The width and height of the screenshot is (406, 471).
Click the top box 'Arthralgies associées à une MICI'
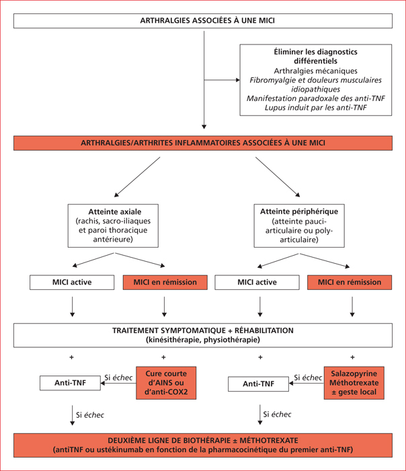(x=203, y=21)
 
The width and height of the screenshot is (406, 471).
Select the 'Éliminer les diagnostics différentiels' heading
(x=316, y=56)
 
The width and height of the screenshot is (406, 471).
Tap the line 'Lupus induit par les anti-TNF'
(x=316, y=108)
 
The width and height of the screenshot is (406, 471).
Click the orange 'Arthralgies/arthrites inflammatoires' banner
(x=203, y=143)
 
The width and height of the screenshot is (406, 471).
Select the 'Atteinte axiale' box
(x=113, y=225)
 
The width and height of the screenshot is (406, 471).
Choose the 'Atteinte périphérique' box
(x=299, y=225)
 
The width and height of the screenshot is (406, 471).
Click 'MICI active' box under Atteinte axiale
(x=72, y=283)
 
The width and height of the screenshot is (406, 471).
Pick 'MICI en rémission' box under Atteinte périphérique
(x=350, y=283)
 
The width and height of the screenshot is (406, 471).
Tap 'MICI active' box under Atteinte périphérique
(x=257, y=283)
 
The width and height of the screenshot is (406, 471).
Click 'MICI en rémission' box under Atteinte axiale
(x=165, y=283)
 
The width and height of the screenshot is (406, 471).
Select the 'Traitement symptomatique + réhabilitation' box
(x=203, y=335)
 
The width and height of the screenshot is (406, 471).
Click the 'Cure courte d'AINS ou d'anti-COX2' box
(x=166, y=383)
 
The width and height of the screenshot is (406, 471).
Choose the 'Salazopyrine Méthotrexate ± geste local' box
(x=354, y=383)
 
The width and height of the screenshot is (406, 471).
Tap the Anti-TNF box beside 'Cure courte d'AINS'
(x=70, y=383)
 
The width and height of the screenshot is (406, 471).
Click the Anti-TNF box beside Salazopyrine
(x=258, y=384)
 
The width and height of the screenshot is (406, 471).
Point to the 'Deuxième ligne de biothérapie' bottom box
(x=203, y=445)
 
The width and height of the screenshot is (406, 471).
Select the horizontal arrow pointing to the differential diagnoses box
(x=222, y=80)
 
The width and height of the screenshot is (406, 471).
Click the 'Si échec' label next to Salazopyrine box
(x=308, y=377)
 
